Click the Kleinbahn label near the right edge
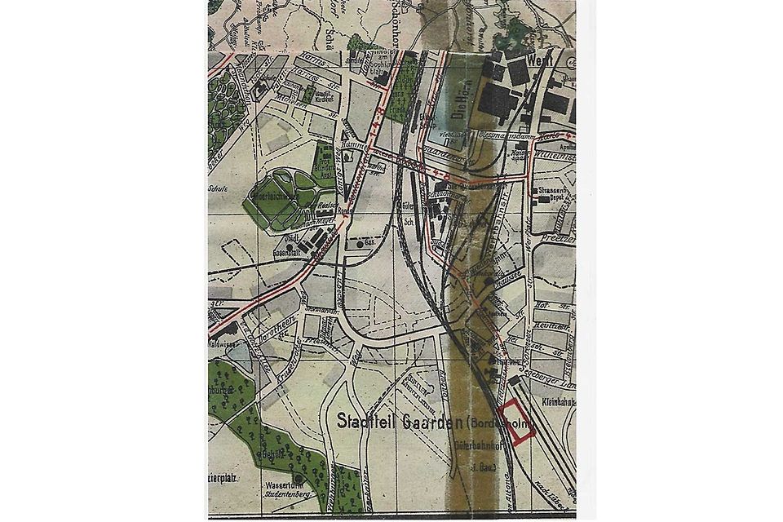click(x=557, y=401)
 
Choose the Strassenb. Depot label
click(x=551, y=194)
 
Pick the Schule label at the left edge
click(x=216, y=188)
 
